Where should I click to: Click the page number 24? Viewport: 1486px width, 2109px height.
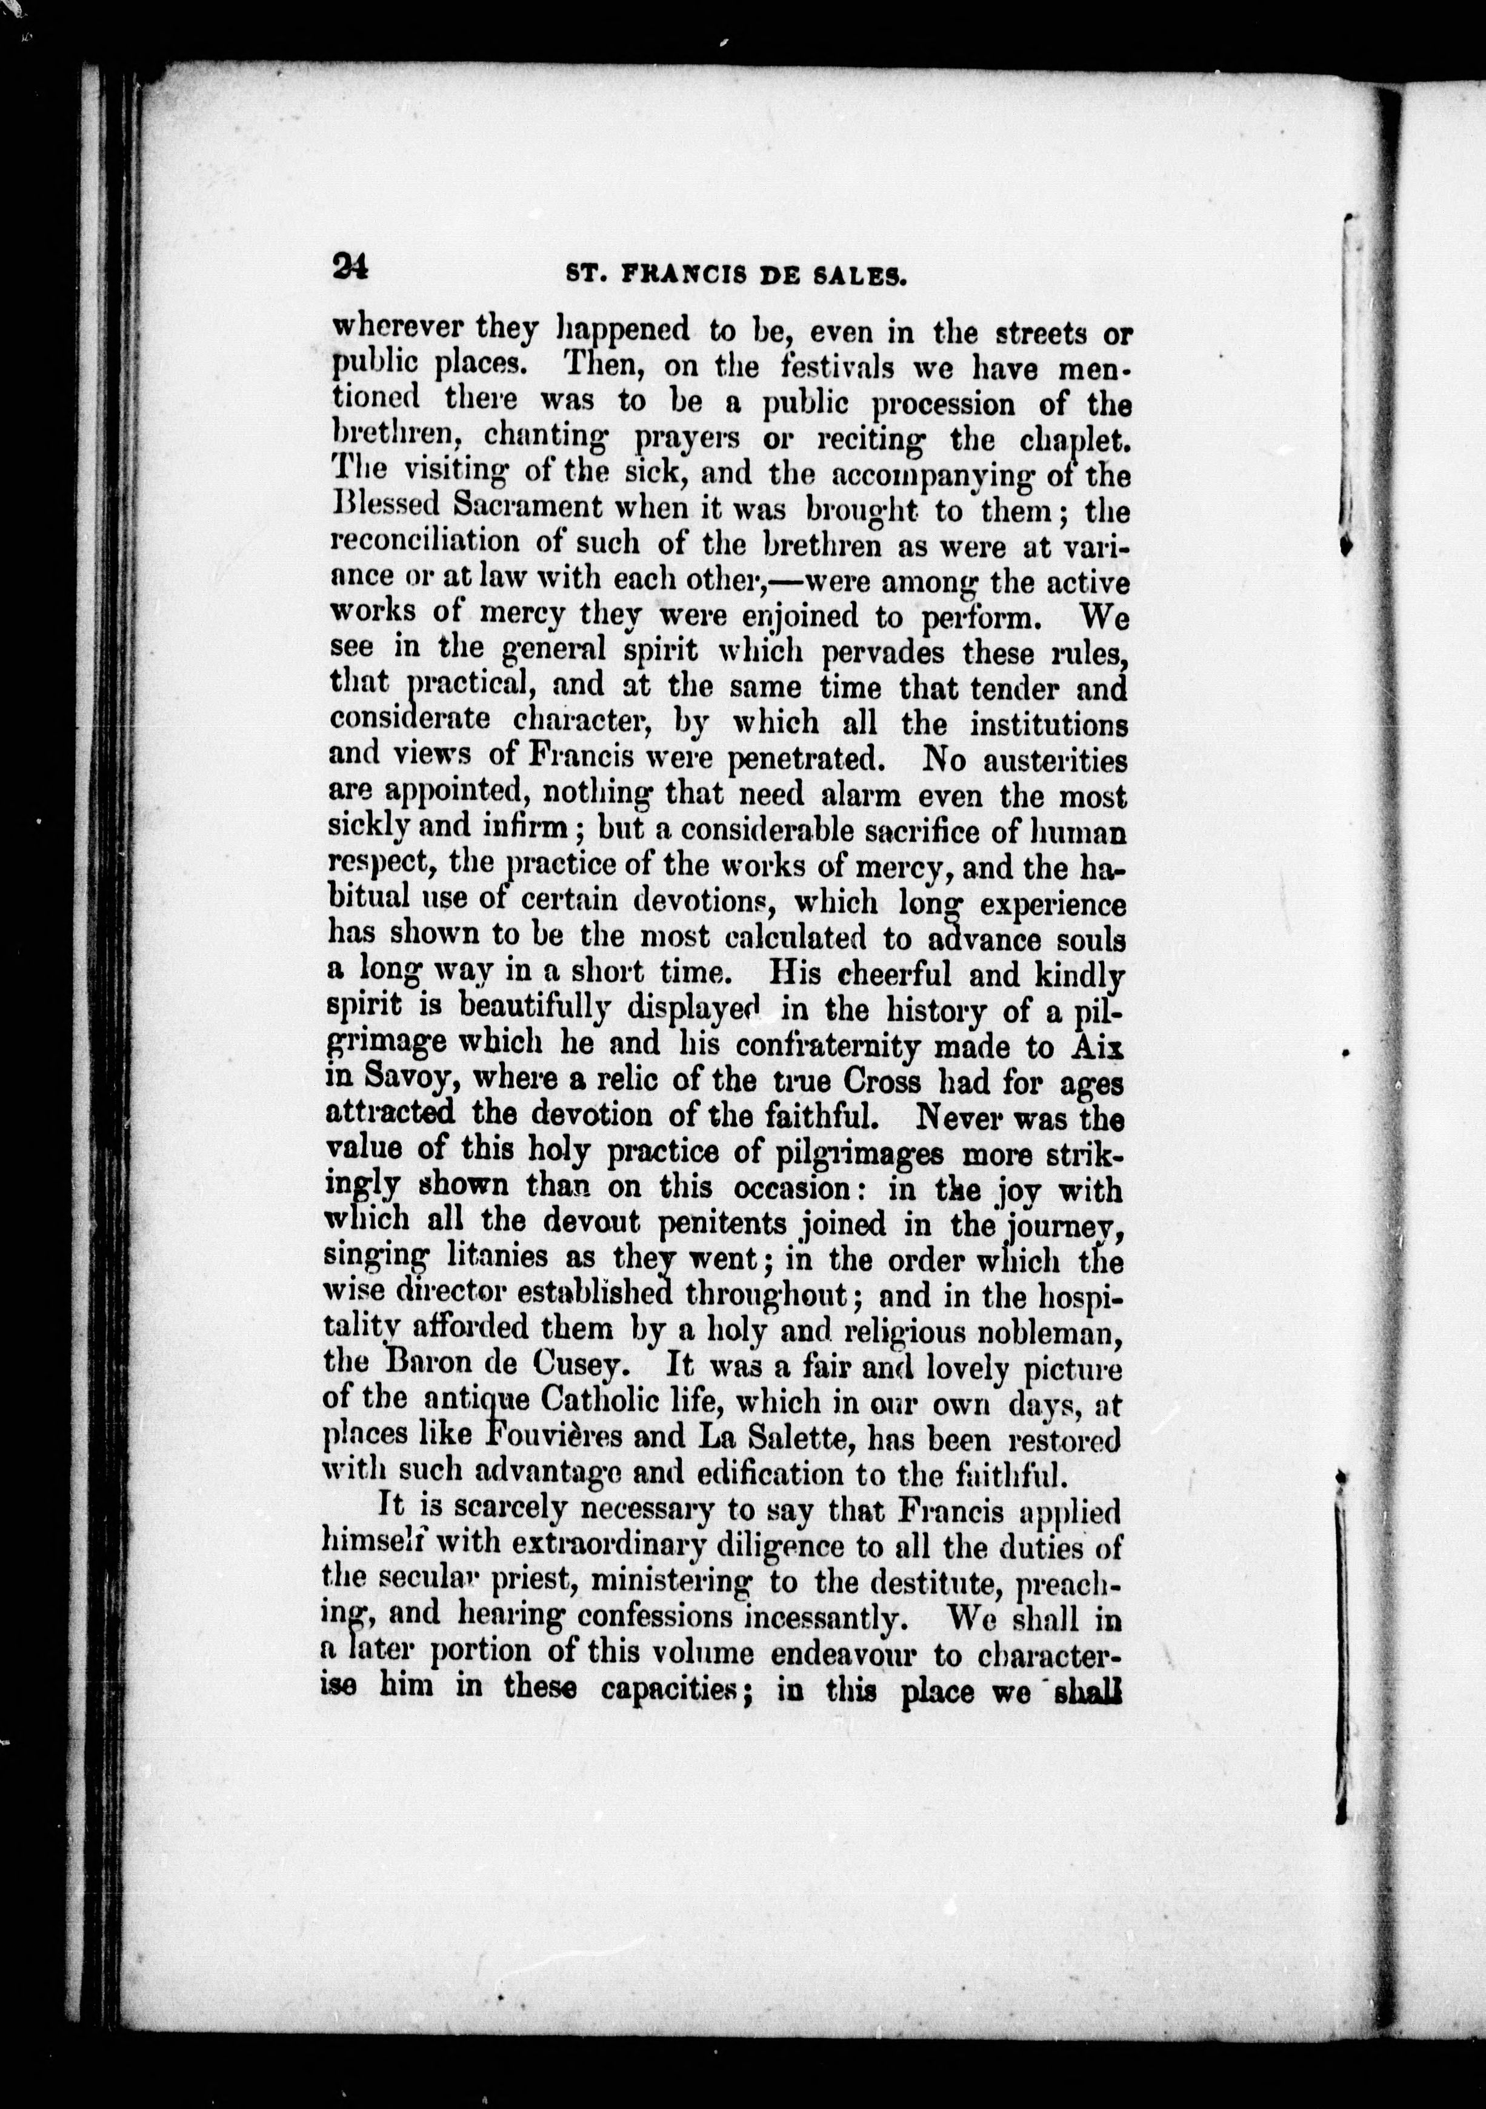(350, 267)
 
